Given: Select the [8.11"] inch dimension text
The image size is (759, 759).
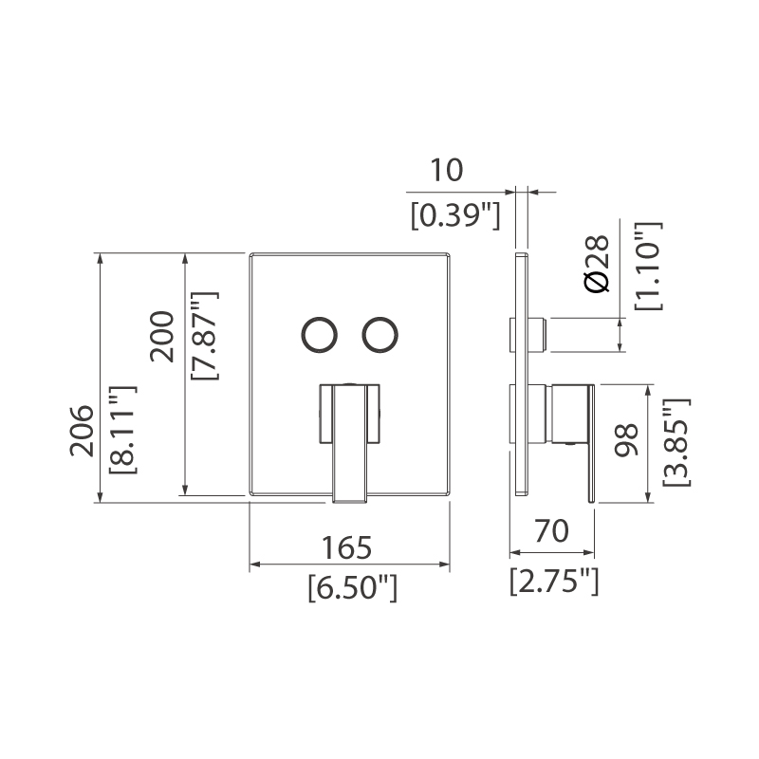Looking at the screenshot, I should (123, 429).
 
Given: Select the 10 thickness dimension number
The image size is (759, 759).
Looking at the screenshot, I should (445, 171).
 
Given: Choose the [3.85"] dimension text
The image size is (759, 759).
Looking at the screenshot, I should (675, 442).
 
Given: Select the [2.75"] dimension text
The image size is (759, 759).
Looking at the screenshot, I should (554, 578).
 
